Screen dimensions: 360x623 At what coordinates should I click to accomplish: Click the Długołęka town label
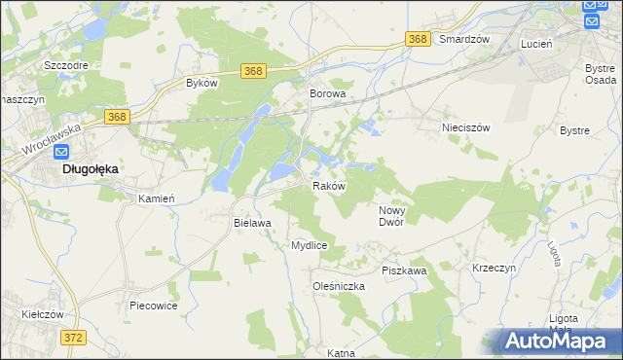(x=91, y=168)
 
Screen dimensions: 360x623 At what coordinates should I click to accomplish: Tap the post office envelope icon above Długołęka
(x=61, y=152)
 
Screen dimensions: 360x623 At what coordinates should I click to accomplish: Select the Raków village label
(x=328, y=186)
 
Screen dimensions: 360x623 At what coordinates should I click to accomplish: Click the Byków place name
(x=201, y=84)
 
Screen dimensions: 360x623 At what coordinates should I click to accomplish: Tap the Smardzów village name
(x=463, y=40)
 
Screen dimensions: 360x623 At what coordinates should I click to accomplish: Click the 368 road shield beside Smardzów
(x=418, y=39)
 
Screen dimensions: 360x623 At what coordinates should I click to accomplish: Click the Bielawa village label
(x=251, y=223)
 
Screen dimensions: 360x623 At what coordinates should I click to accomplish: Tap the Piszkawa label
(x=404, y=270)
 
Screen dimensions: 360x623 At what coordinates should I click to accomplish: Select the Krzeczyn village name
(x=494, y=267)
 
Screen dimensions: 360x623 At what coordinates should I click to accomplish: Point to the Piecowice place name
(x=153, y=306)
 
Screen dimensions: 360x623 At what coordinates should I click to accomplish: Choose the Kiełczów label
(x=43, y=315)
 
